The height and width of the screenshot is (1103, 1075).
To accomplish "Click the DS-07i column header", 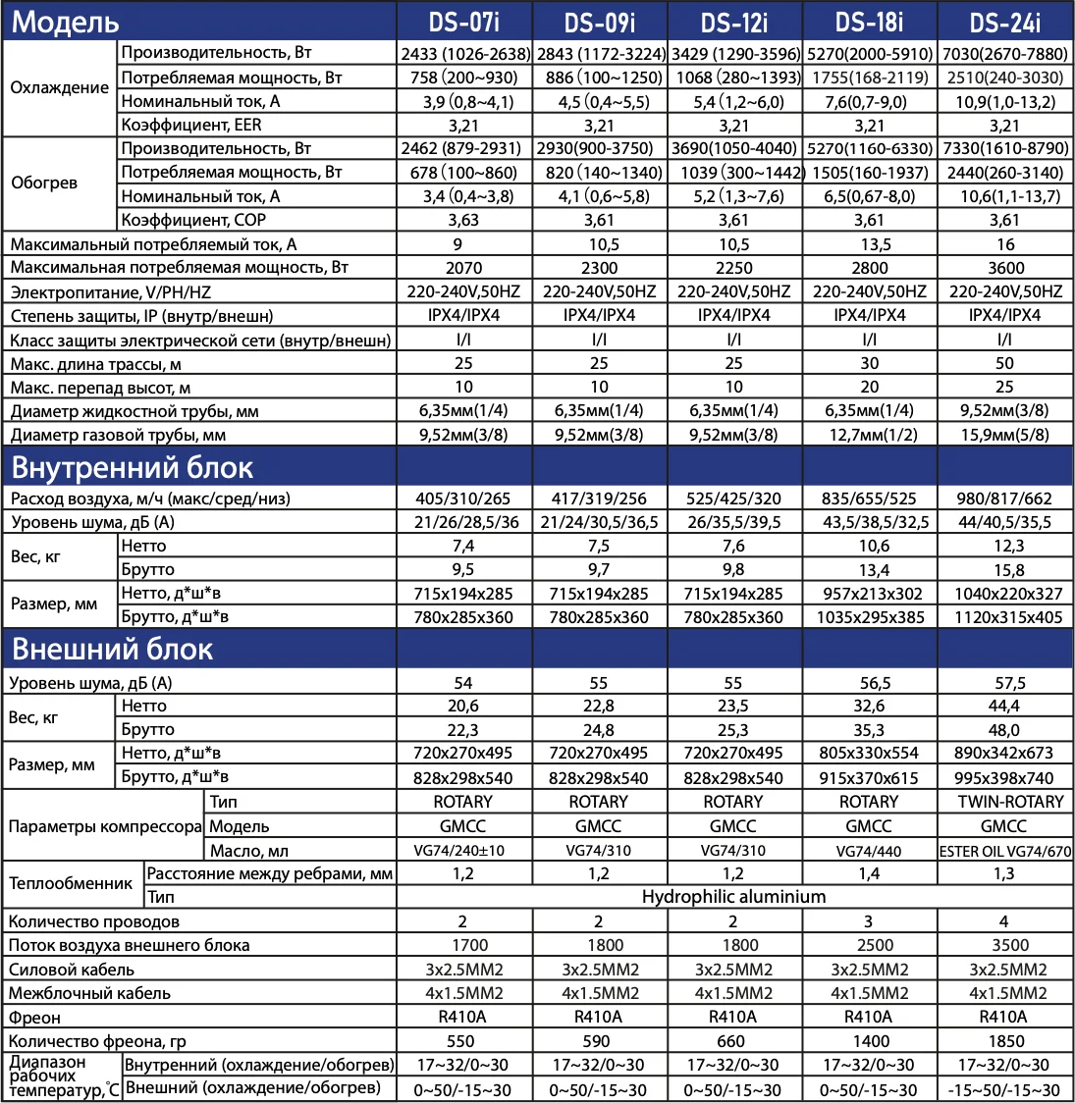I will (x=463, y=22).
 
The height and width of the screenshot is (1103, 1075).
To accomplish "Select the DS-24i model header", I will (x=1004, y=22).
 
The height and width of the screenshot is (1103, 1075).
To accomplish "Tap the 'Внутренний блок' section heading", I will (x=133, y=466).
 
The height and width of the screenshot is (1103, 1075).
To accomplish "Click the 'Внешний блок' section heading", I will (x=112, y=650).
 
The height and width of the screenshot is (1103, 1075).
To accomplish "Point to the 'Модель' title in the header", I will (x=65, y=22).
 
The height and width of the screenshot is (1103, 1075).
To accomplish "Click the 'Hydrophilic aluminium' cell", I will (x=733, y=897).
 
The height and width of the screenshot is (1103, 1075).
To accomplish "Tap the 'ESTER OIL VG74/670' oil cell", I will (x=1005, y=851).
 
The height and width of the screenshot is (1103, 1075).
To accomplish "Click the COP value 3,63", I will (x=463, y=220).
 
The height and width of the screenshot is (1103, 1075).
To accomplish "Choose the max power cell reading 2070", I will (x=463, y=268).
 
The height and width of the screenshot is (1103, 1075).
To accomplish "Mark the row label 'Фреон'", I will (x=35, y=1018).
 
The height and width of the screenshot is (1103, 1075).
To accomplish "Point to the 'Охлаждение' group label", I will (x=59, y=87).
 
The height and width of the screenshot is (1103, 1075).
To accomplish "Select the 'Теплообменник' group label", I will (x=71, y=883).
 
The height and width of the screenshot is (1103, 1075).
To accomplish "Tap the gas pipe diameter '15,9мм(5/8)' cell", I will (x=1005, y=435).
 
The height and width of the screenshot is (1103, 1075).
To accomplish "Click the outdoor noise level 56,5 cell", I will (x=870, y=683).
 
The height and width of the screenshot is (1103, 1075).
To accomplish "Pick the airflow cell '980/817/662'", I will (x=1005, y=499).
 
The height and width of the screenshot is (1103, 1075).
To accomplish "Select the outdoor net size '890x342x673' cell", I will (x=1005, y=754).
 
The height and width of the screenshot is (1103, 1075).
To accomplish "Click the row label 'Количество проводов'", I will (x=94, y=921).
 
